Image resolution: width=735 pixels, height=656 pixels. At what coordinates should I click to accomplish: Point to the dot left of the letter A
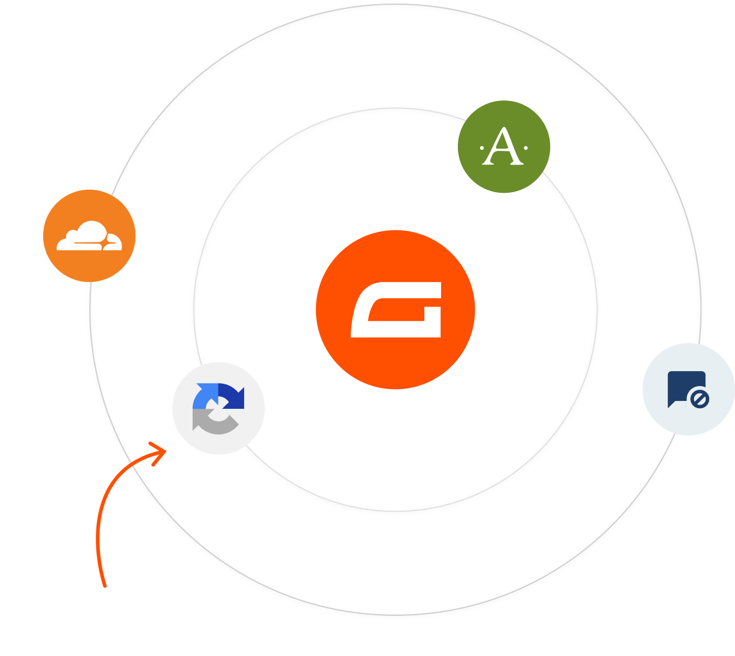pyautogui.click(x=482, y=147)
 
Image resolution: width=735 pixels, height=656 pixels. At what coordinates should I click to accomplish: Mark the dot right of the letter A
pyautogui.click(x=526, y=147)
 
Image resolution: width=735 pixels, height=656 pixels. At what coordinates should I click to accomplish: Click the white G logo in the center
pyautogui.click(x=396, y=311)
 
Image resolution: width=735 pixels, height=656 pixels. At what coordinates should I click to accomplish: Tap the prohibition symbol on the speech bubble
pyautogui.click(x=699, y=398)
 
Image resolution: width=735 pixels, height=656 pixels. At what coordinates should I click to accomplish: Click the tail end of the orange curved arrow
pyautogui.click(x=105, y=584)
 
